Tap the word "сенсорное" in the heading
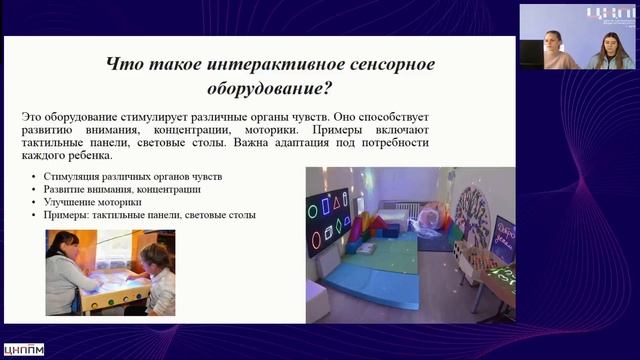coord(381,65)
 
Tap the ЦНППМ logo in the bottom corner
coord(24,350)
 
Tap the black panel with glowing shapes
coord(327,221)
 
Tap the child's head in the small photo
coord(156,256)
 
